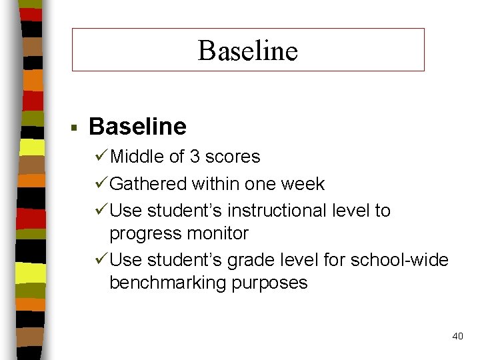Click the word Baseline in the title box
click(247, 50)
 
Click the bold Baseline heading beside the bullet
click(137, 126)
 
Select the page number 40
click(457, 336)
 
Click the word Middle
click(138, 157)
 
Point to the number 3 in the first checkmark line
click(195, 157)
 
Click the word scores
click(233, 157)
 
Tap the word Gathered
click(149, 183)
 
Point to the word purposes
click(274, 283)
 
